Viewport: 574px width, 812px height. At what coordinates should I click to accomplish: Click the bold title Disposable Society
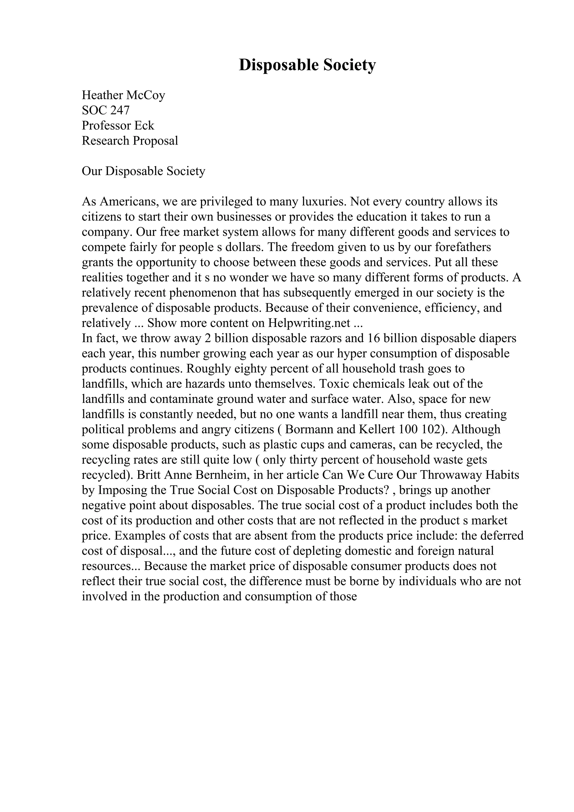coord(307,65)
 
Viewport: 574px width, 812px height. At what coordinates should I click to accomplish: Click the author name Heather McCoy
coord(123,95)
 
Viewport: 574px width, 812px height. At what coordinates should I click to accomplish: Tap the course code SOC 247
coord(106,110)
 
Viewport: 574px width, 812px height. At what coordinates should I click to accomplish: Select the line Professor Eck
coord(118,126)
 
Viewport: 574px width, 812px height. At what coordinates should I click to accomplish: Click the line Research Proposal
coord(130,141)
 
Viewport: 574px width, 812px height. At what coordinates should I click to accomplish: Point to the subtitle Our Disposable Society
coord(143,171)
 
